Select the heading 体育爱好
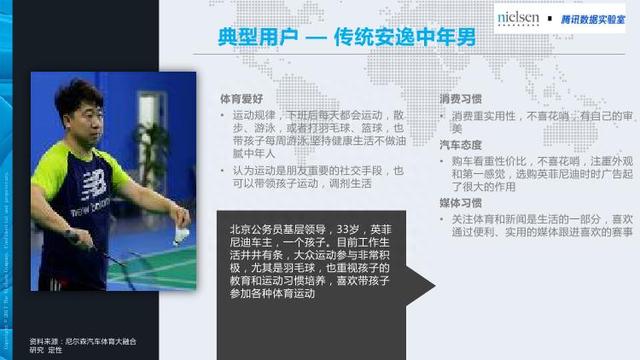coord(241,100)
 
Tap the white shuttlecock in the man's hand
coord(182,234)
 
